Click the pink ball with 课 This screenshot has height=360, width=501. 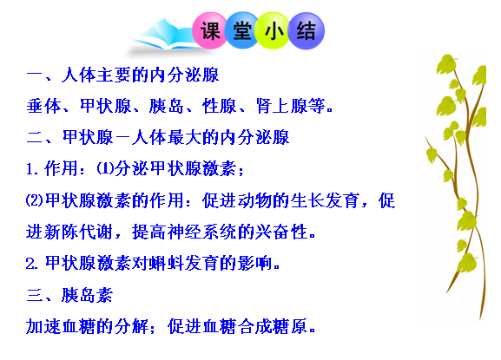[209, 30]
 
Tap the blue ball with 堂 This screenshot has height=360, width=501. [242, 30]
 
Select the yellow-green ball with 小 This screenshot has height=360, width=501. [274, 30]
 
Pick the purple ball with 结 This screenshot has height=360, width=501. [306, 30]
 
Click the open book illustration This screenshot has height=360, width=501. [165, 36]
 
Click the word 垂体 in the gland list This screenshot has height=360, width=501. [43, 106]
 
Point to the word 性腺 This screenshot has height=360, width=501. [219, 106]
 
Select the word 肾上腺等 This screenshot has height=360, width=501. [290, 106]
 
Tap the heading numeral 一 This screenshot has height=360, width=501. [35, 75]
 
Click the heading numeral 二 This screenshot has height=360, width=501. [35, 138]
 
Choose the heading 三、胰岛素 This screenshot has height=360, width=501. [69, 295]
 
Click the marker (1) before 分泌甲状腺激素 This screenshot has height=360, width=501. [105, 168]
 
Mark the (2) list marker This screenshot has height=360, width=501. [35, 200]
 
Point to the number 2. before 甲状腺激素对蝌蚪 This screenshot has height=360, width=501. [32, 264]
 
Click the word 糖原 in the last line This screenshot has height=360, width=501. [290, 326]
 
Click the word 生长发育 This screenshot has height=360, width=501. [325, 200]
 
